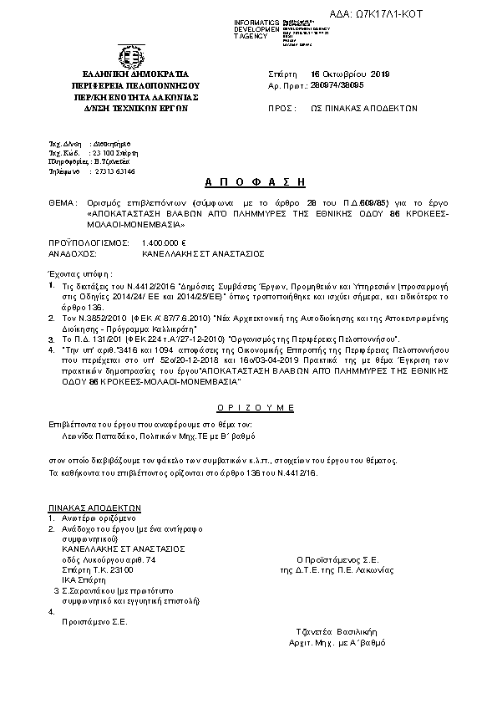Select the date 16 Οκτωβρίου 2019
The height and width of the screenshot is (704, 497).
tap(345, 74)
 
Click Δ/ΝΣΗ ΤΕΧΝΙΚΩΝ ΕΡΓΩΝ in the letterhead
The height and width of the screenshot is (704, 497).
tap(129, 107)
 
